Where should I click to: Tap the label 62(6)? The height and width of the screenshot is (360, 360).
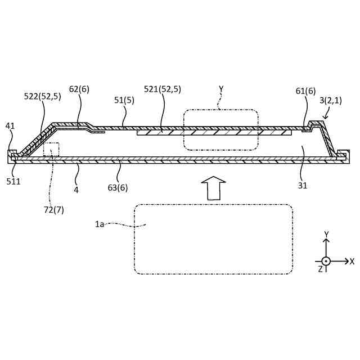point(79,89)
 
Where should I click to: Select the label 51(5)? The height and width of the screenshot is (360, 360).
point(124,100)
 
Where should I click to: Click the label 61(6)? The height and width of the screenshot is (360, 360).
point(305,91)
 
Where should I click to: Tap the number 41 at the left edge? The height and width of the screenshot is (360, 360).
point(10,126)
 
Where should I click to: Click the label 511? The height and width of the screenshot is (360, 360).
point(13,181)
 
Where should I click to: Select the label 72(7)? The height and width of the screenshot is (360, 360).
point(54,210)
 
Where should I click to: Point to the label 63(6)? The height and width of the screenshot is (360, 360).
point(118,187)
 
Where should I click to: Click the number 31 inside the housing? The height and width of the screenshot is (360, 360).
point(303,185)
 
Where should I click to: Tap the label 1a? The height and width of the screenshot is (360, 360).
point(100,224)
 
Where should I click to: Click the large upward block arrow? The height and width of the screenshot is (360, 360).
point(213,188)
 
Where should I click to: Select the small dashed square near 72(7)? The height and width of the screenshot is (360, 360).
point(51,150)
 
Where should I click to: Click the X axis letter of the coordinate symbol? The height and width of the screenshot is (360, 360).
point(352,262)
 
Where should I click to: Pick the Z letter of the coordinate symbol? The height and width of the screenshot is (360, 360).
point(320,269)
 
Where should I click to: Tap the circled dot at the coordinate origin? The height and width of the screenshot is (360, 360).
point(326,261)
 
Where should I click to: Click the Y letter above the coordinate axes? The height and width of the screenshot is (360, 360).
point(326,234)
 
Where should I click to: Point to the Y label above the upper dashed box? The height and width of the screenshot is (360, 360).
point(221,89)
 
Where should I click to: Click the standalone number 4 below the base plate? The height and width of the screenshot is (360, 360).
point(76,190)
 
